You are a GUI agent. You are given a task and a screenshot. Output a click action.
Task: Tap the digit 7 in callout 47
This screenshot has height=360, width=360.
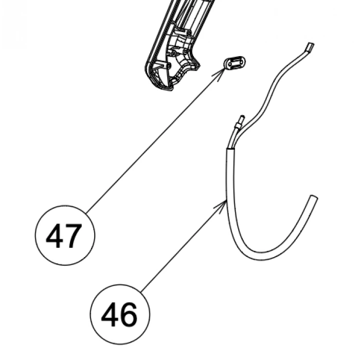74,236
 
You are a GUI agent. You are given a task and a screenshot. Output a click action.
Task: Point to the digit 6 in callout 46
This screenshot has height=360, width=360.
129,315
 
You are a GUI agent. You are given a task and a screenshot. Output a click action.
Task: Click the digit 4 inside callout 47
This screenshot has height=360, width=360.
55,236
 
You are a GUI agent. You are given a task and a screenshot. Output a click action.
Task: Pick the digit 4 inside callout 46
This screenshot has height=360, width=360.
110,315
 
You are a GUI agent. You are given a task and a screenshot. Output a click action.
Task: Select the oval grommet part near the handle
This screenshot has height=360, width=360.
235,62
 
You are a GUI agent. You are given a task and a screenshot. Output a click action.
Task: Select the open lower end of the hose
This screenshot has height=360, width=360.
314,197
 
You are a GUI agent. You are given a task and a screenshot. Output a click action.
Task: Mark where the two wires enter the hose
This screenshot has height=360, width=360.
230,149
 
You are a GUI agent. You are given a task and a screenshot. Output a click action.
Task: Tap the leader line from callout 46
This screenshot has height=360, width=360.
184,246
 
